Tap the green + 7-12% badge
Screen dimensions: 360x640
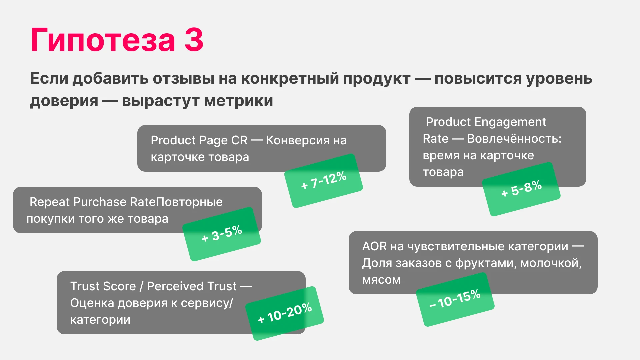point(323,181)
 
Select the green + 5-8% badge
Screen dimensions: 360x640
point(521,189)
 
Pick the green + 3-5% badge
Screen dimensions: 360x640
point(222,234)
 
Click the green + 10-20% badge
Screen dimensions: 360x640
point(285,313)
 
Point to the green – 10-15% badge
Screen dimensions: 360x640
point(455,299)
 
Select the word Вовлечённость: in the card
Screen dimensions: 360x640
point(514,139)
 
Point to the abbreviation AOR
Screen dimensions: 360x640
point(374,246)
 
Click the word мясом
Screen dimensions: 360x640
point(381,280)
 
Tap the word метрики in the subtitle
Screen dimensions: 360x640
point(238,101)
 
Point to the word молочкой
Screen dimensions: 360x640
point(551,263)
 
